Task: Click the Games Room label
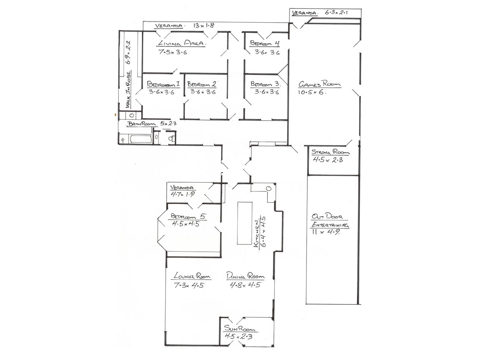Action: coord(319,84)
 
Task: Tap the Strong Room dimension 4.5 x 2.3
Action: coord(328,160)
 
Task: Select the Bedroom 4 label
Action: coord(265,43)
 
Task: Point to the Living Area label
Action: coord(181,43)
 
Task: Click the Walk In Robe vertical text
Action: coord(128,89)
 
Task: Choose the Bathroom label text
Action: coord(142,124)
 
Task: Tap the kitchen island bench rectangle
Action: coord(245,223)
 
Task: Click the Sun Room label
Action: coord(239,328)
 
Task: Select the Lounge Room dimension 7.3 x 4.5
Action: coord(189,285)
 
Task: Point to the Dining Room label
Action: coord(245,276)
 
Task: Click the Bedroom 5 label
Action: coord(188,216)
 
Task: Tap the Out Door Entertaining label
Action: coord(330,220)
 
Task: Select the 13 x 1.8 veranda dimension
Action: coord(204,25)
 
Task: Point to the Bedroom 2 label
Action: coord(202,84)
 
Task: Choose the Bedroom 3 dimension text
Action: coord(267,92)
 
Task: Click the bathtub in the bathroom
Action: coord(141,139)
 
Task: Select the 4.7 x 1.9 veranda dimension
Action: coord(182,194)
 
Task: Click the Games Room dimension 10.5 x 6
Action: coord(312,92)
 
